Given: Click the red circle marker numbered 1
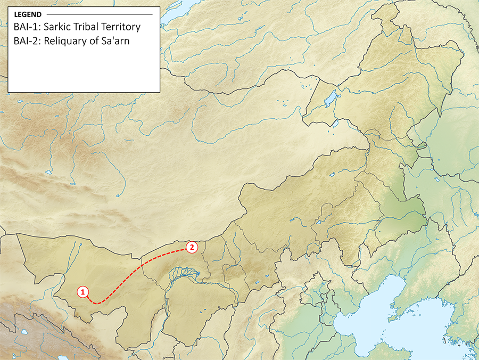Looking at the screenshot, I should coord(82,291).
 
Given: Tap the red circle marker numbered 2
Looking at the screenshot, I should coord(192,247).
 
